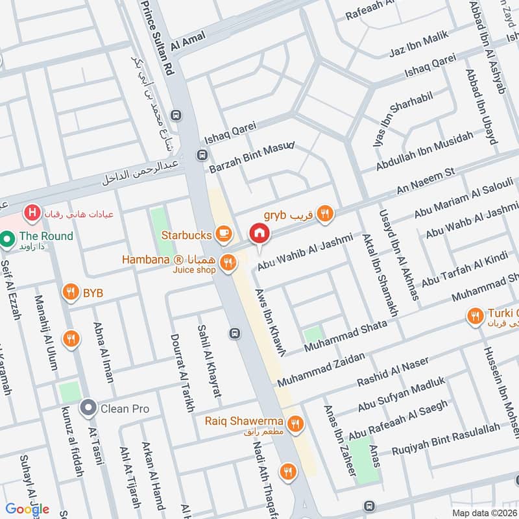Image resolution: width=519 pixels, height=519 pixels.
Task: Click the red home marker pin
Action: (259, 233)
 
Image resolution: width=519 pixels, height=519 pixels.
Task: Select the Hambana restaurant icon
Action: (227, 263)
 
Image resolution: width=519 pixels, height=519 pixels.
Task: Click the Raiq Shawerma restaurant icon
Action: (296, 424)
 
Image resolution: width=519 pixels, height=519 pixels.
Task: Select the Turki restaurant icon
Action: (475, 316)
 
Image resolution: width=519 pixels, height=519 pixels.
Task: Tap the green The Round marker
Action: (8, 240)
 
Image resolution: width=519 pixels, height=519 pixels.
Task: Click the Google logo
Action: (28, 509)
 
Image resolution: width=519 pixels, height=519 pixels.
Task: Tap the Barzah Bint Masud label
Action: (252, 158)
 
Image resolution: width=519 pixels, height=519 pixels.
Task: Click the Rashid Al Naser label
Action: (389, 376)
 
